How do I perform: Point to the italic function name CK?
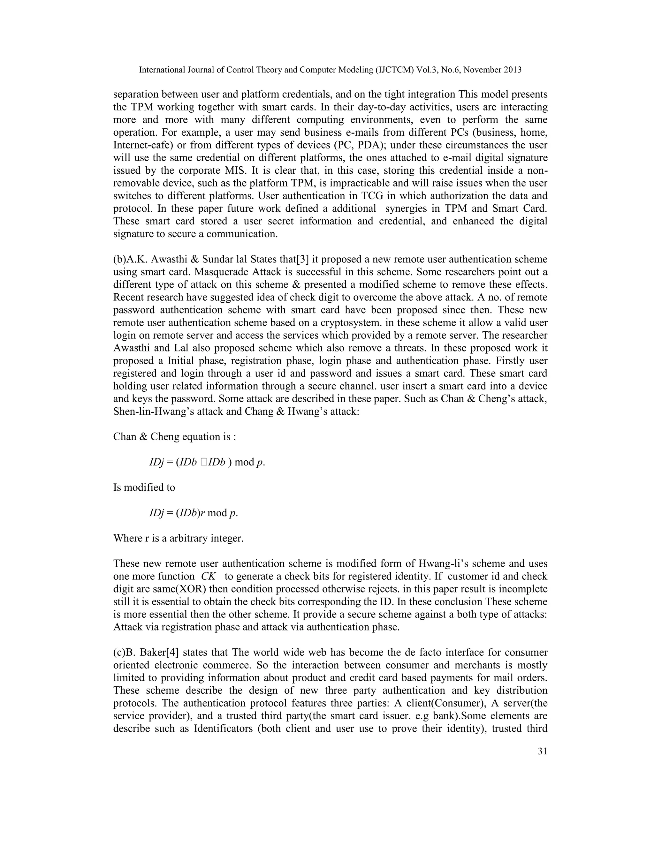click(209, 576)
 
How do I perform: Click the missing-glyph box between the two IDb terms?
click(204, 462)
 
